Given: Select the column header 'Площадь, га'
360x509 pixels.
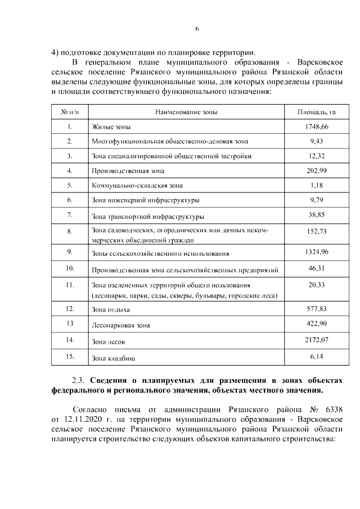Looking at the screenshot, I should (316, 112).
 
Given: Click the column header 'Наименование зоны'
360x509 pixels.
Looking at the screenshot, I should (186, 112).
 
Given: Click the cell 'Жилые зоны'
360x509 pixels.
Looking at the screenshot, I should (111, 128).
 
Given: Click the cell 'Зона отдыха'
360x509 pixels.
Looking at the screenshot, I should (111, 310).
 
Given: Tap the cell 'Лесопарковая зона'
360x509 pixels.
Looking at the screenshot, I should (121, 325).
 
